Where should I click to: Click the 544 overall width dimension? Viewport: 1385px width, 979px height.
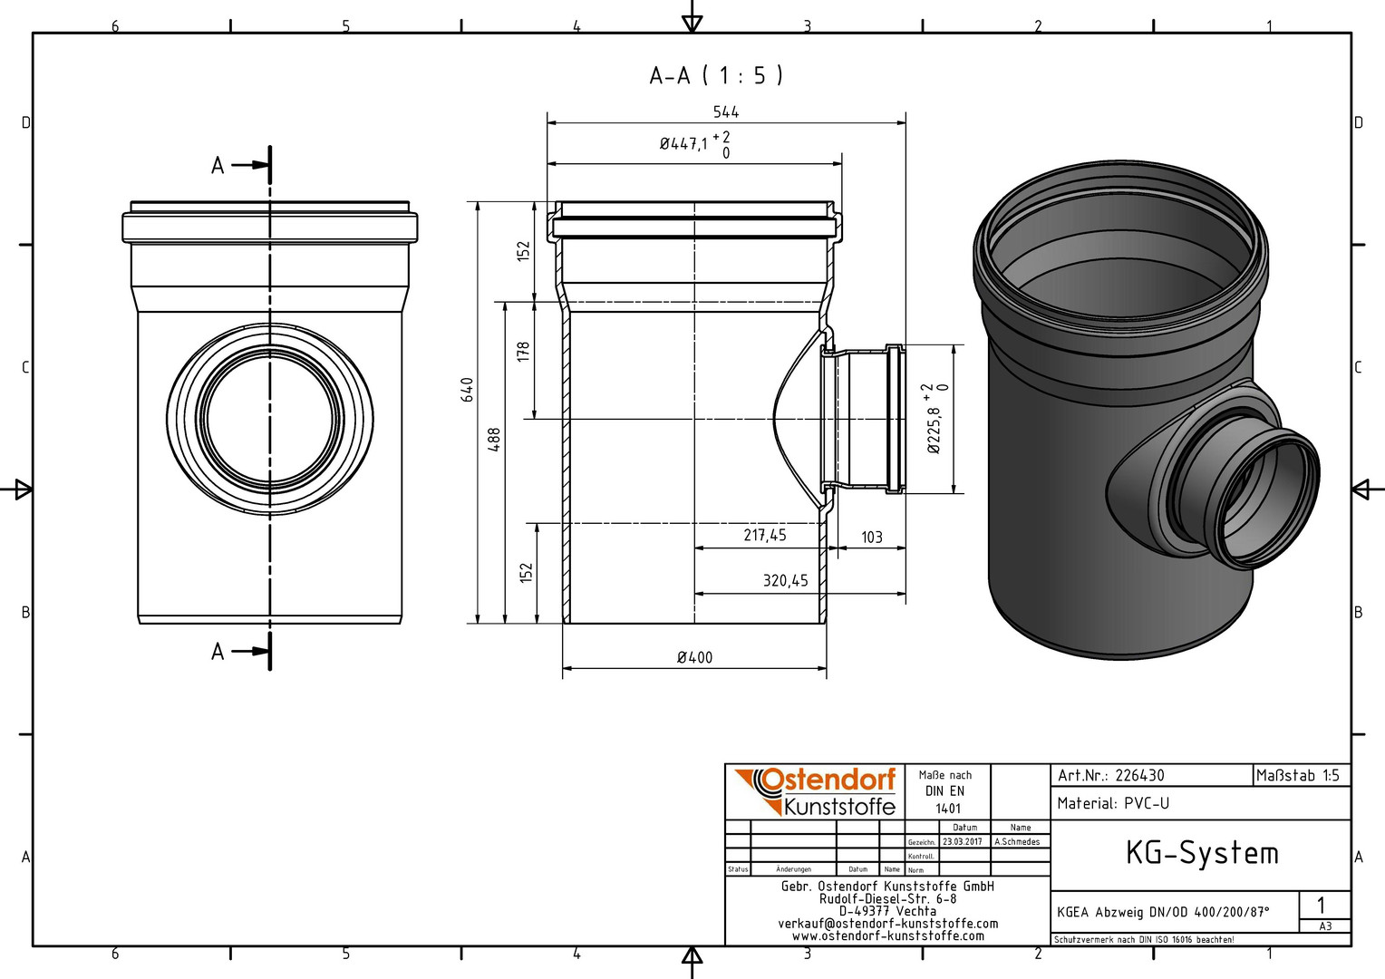coord(726,111)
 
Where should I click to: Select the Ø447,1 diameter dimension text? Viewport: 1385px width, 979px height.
coord(683,144)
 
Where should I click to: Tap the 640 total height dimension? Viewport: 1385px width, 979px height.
coord(468,390)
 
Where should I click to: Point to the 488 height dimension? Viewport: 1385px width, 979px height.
coord(495,440)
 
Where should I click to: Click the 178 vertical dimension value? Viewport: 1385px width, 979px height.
coord(524,352)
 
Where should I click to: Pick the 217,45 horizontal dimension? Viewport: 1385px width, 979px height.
coord(765,535)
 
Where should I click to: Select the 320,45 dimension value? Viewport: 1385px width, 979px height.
coord(785,581)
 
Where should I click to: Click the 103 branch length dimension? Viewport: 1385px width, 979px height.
coord(872,537)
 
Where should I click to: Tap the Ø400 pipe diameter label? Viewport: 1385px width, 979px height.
coord(694,657)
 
